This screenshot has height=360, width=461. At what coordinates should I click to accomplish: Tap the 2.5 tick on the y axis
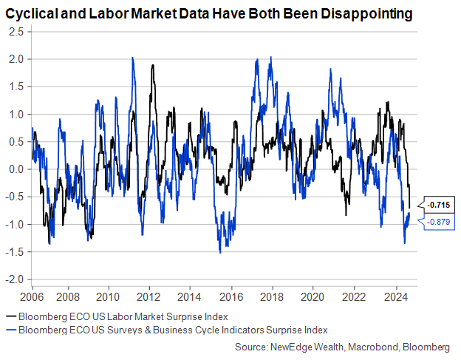[x=17, y=32]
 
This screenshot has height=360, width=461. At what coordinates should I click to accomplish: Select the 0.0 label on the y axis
[x=17, y=169]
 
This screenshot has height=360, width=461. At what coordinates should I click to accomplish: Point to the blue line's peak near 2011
[x=132, y=58]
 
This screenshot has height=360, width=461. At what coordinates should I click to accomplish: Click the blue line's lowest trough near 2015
[x=220, y=253]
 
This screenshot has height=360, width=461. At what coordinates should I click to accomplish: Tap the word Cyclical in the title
[x=31, y=14]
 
